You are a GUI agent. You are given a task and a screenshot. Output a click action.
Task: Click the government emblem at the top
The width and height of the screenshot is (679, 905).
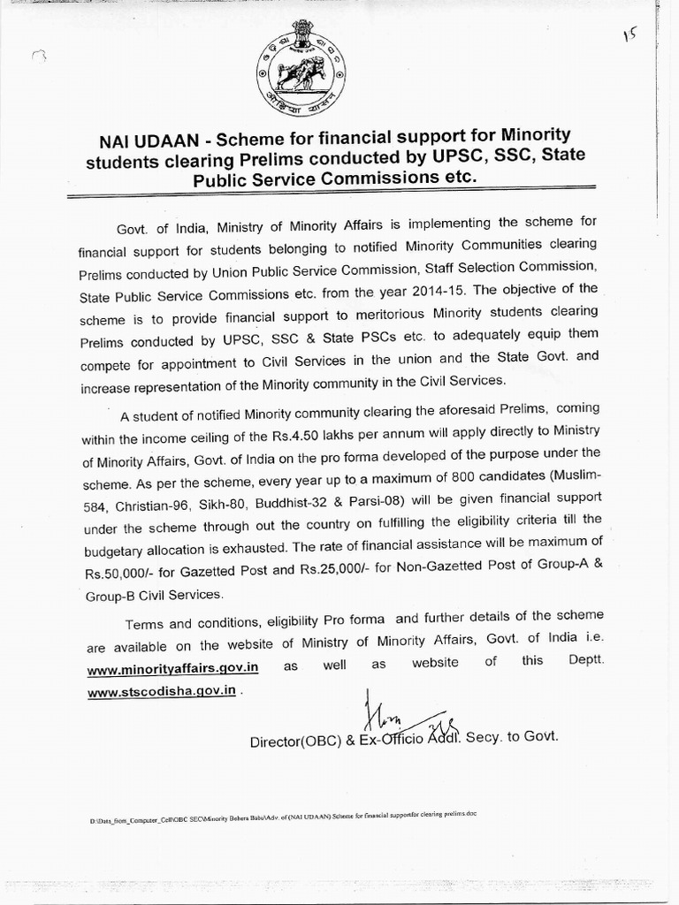(300, 67)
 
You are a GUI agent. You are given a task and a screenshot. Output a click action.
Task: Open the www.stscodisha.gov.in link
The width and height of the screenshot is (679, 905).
(162, 691)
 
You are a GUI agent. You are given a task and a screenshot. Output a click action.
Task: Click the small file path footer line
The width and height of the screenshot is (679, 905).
(282, 816)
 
